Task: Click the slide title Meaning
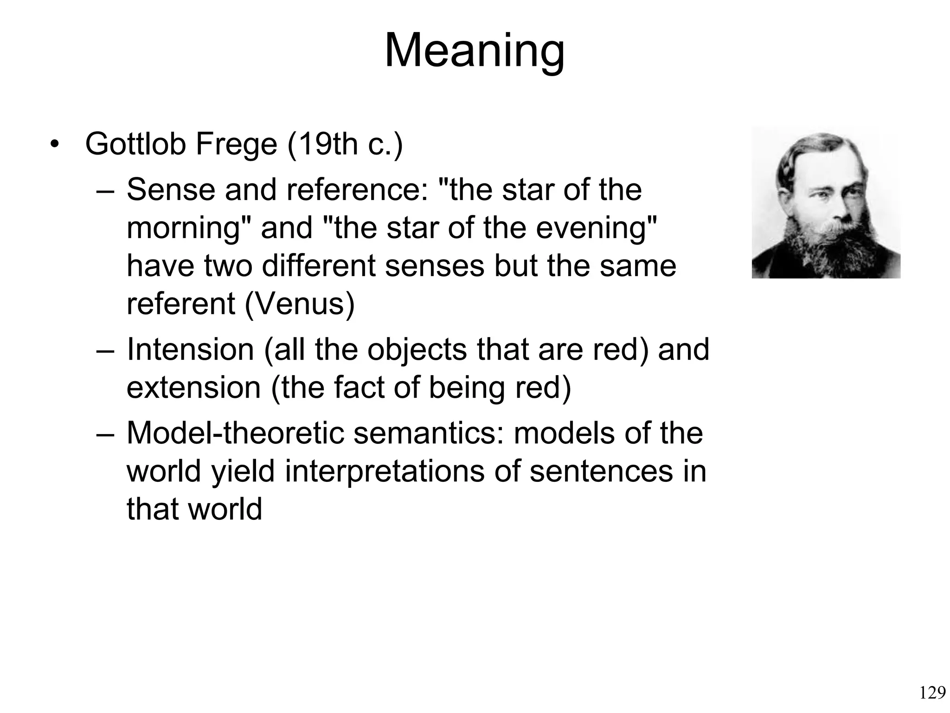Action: (x=475, y=51)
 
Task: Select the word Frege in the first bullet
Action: (x=236, y=144)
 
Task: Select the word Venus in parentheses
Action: (x=299, y=304)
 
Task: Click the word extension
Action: (x=193, y=388)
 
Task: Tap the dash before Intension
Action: (x=105, y=350)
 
